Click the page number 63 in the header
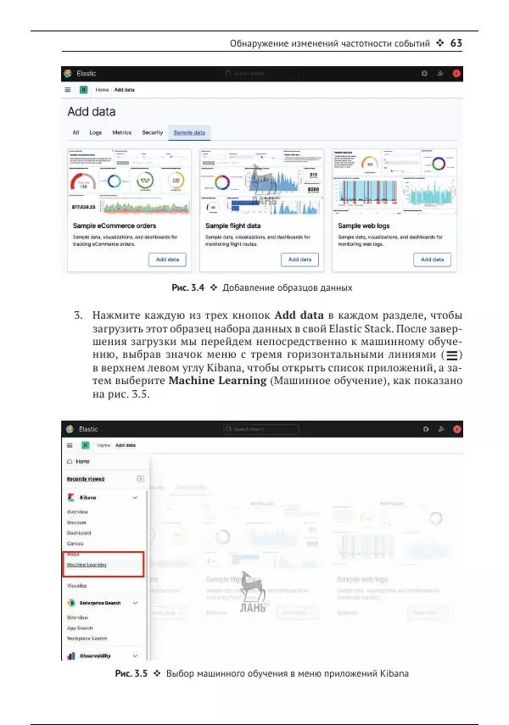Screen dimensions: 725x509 point(455,43)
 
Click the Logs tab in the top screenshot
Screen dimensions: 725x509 point(95,133)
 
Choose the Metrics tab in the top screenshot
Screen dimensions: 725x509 point(122,133)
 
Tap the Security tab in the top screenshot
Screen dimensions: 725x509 point(153,133)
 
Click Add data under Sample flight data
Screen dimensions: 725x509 point(299,259)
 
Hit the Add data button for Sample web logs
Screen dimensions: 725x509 point(432,259)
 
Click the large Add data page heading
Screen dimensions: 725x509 point(92,112)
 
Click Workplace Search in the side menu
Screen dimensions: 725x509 point(88,639)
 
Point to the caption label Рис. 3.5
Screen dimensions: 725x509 point(130,675)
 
